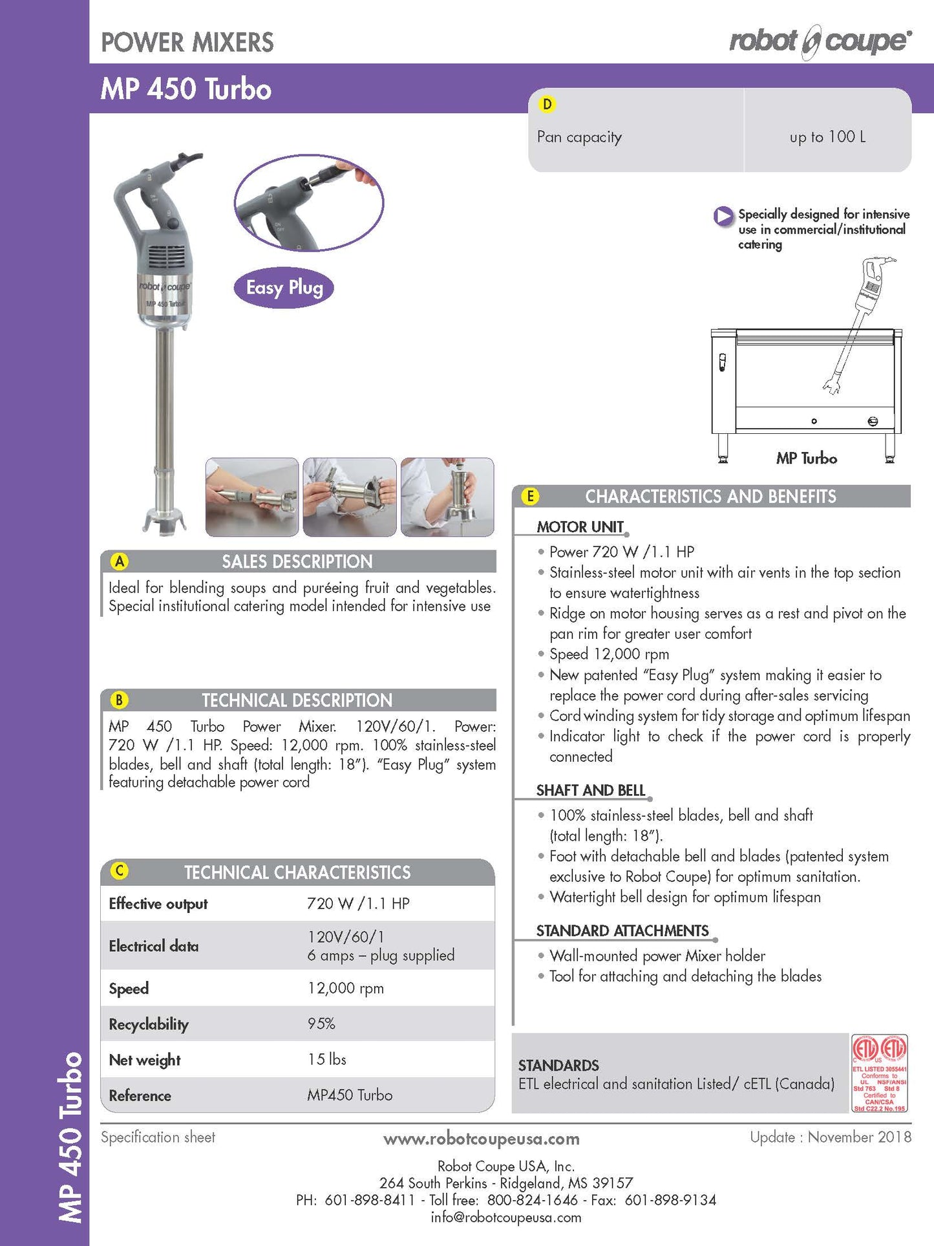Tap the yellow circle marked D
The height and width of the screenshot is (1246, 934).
547,104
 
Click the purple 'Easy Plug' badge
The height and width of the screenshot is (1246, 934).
284,287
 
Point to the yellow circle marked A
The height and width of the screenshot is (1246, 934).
120,561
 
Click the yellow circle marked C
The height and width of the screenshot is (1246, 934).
120,871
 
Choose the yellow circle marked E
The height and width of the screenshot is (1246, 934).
530,496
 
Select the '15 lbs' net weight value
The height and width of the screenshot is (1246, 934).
327,1059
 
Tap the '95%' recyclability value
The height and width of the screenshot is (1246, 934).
321,1024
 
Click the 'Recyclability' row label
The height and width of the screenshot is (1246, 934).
149,1024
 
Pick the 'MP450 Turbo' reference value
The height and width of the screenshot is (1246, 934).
350,1095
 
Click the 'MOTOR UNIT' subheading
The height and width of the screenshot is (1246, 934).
580,527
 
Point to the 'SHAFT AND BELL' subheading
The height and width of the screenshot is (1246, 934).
590,790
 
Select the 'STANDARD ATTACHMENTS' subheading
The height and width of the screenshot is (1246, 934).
622,930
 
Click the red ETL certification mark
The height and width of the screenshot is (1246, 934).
880,1073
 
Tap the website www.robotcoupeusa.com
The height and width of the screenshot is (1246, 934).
481,1139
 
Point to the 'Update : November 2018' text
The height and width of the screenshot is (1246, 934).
831,1137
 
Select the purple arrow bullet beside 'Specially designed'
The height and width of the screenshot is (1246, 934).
723,216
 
